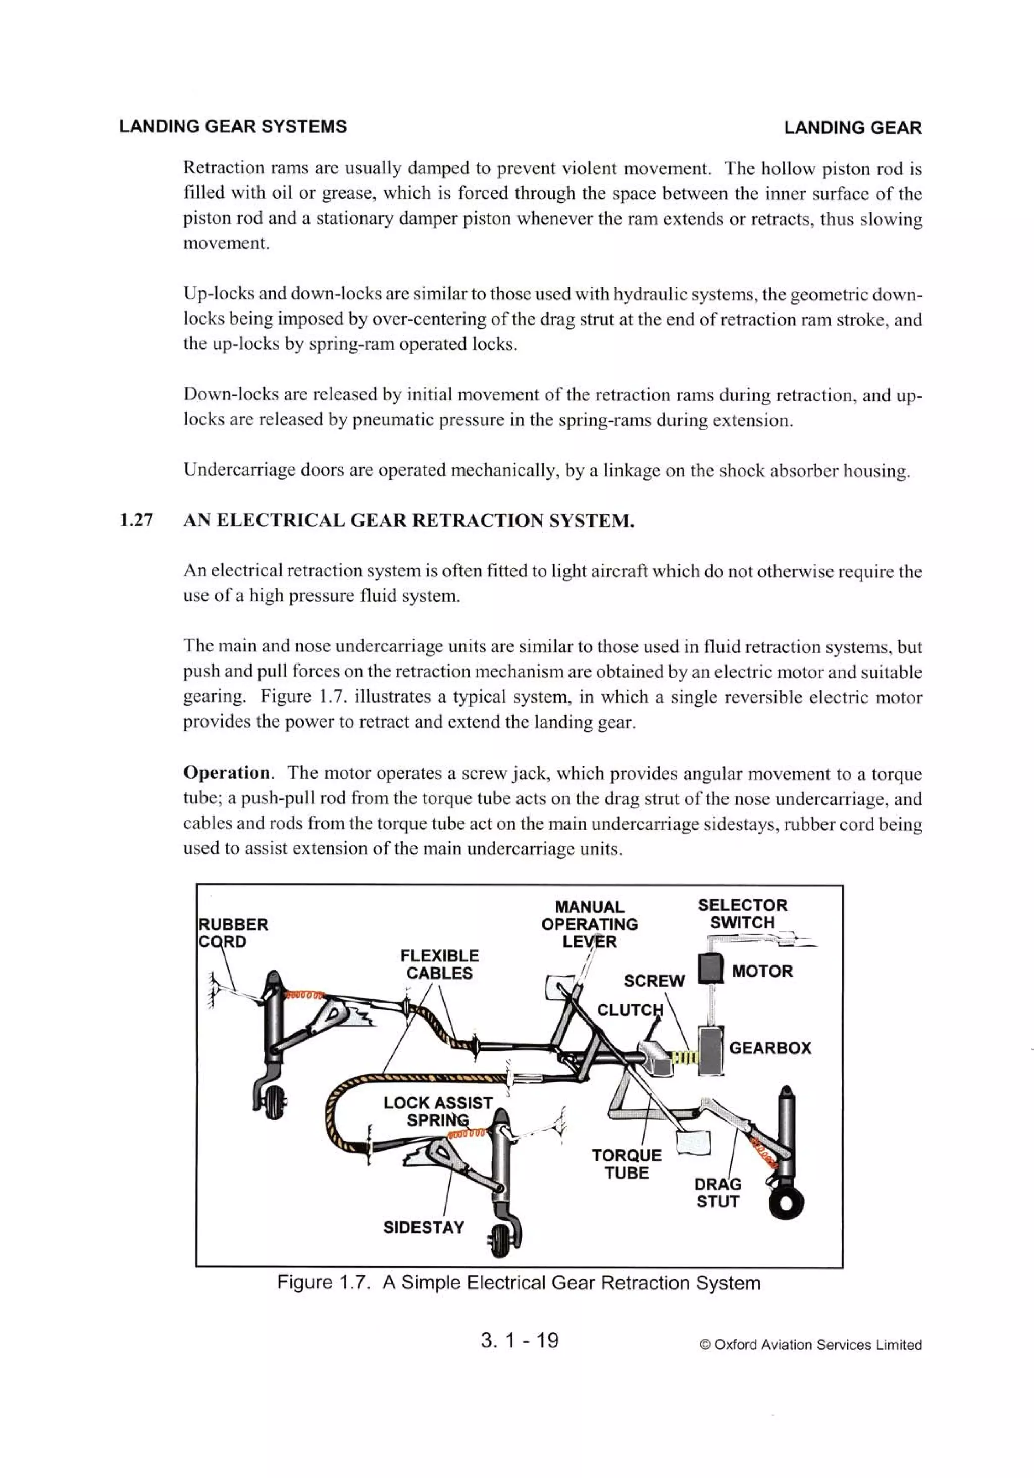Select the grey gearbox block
click(711, 1049)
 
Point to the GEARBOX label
click(769, 1047)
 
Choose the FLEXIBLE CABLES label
click(439, 964)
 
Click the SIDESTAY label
click(424, 1227)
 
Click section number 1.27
click(136, 520)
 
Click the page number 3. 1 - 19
click(519, 1340)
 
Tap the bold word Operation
click(227, 772)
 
